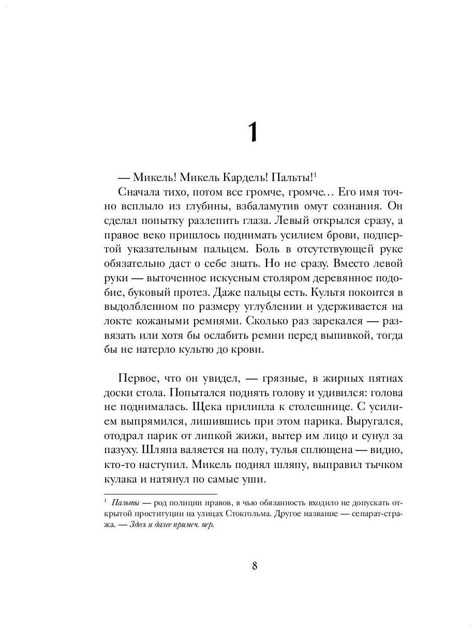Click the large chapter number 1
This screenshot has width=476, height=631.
(252, 132)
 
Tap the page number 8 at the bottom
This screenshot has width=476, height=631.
(254, 565)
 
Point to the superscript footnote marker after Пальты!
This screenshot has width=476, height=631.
(315, 174)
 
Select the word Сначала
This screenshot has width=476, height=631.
(137, 192)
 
